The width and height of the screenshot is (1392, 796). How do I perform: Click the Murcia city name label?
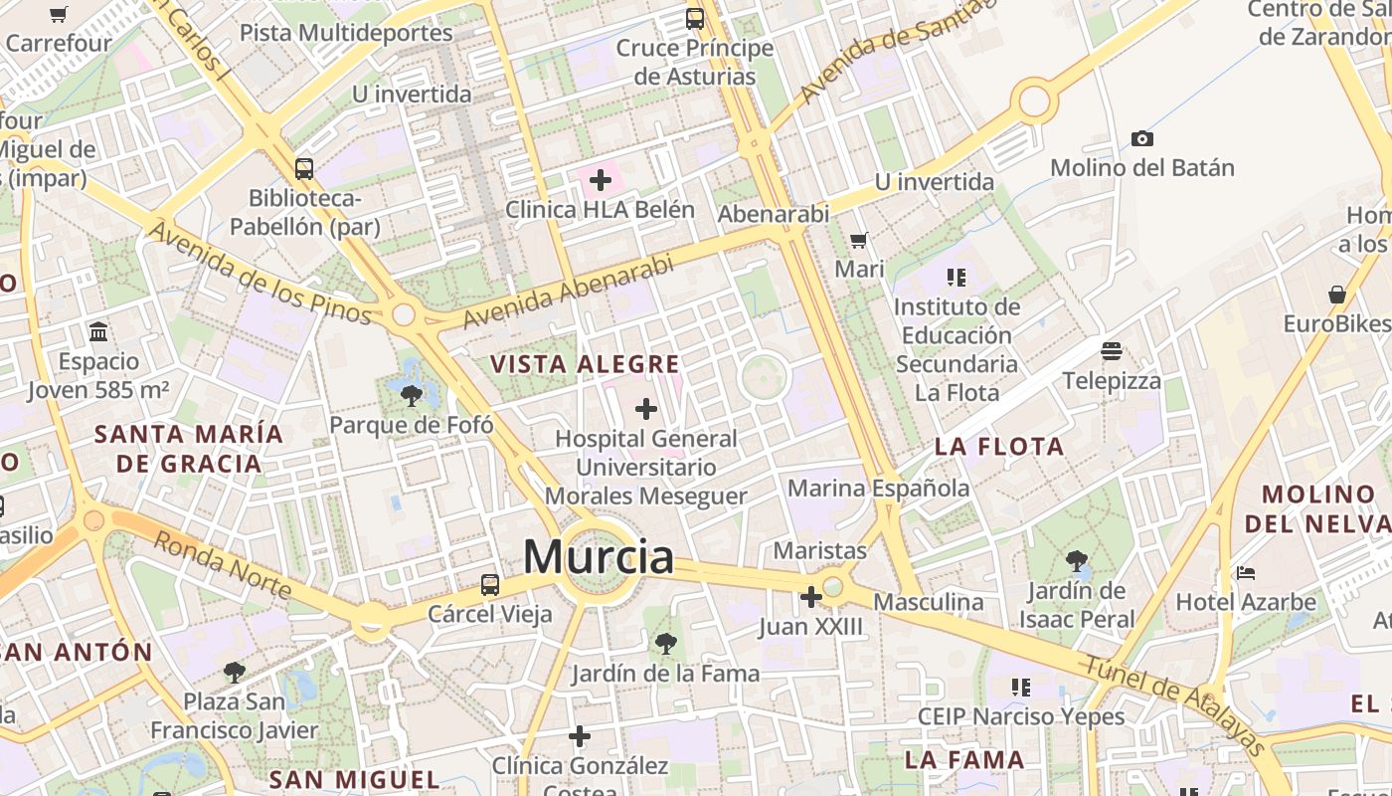tap(599, 557)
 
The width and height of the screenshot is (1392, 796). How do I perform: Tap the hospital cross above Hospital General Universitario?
tap(646, 408)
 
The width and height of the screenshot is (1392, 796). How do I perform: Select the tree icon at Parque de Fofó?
tap(411, 396)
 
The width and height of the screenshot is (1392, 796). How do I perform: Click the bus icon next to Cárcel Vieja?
tap(489, 585)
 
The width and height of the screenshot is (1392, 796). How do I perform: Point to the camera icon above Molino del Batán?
tap(1142, 138)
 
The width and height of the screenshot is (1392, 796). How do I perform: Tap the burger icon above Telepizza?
tap(1111, 351)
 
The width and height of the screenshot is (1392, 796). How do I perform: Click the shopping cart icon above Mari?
tap(859, 240)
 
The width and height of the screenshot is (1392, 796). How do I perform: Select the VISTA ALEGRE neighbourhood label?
tap(586, 364)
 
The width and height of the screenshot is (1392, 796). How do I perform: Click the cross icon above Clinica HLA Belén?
tap(600, 180)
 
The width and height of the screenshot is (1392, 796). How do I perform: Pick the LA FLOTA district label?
tap(999, 447)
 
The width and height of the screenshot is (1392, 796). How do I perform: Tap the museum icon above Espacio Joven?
tap(98, 331)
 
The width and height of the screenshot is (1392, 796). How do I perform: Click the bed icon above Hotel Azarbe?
tap(1246, 573)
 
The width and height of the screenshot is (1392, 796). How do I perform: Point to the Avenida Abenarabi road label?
tap(569, 292)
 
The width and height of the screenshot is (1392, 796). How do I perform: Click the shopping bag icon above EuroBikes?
tap(1337, 295)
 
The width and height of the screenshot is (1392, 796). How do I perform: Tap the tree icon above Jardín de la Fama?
tap(665, 644)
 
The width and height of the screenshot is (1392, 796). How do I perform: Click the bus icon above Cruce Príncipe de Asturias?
tap(695, 18)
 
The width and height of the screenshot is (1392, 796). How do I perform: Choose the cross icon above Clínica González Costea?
tap(580, 736)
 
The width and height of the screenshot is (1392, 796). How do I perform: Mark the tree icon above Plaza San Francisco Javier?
tap(235, 673)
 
